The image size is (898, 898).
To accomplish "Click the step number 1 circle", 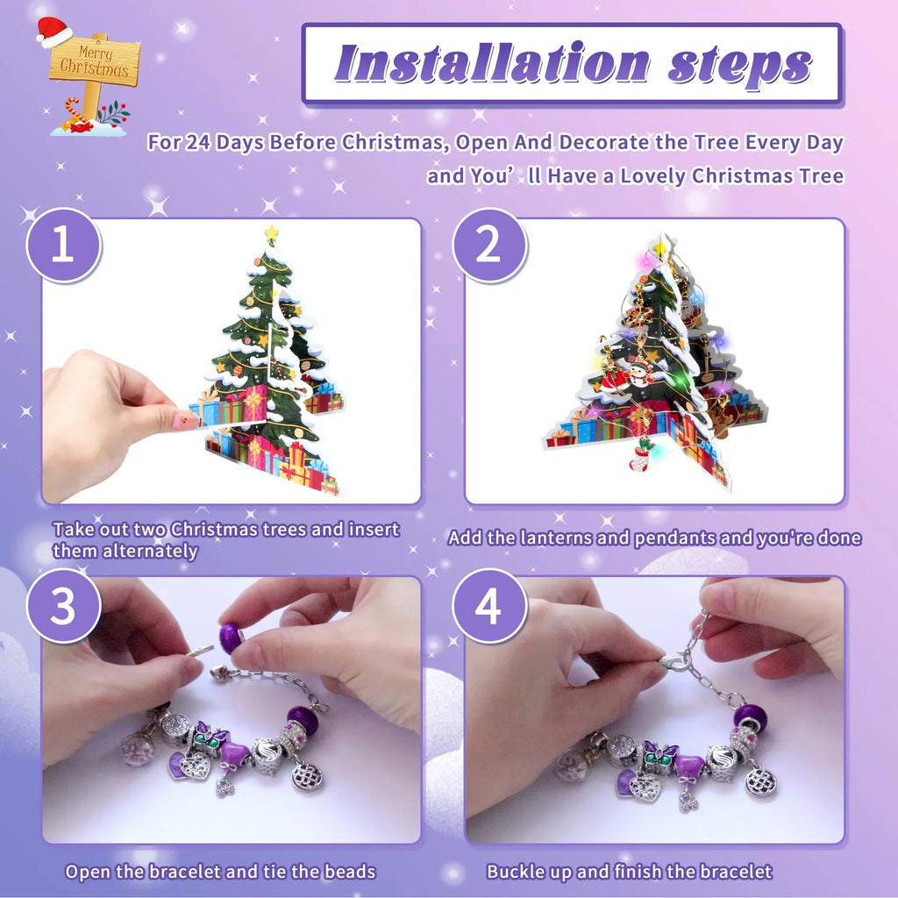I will [x=63, y=246].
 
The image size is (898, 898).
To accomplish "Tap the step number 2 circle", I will [x=489, y=246].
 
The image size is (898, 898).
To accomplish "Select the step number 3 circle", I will [x=63, y=606].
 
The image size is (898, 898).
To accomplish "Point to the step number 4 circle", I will [x=489, y=606].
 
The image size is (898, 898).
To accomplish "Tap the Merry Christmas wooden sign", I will [x=94, y=66].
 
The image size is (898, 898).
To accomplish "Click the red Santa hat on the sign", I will [x=53, y=32].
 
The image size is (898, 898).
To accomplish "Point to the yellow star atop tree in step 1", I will [x=271, y=235].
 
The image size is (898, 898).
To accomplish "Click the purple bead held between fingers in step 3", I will [x=231, y=638].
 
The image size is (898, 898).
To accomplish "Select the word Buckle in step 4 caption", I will [x=515, y=872].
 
